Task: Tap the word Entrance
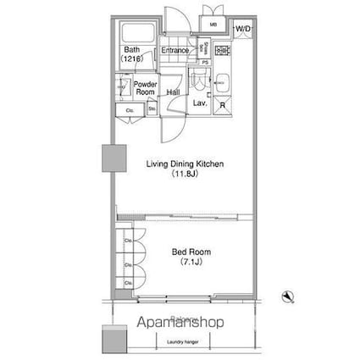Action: [175, 51]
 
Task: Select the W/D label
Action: [243, 29]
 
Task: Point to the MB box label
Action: [213, 25]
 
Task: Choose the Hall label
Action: [173, 92]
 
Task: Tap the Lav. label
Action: [200, 103]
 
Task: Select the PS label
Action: [205, 62]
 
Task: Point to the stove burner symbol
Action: [222, 51]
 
